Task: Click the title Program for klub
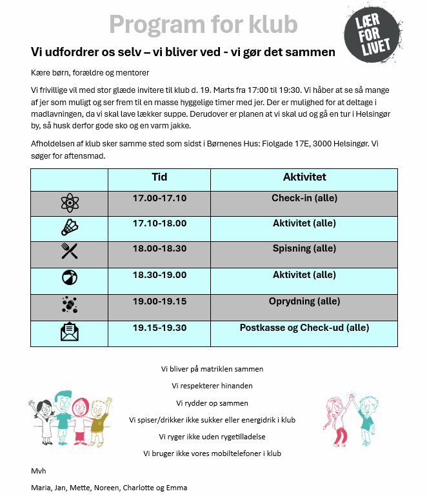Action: [203, 25]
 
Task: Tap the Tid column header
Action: [159, 177]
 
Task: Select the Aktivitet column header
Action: [304, 177]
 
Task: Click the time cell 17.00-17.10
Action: [159, 199]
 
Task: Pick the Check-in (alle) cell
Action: [304, 199]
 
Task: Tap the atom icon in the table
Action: [69, 203]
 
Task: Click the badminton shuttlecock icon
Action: [69, 228]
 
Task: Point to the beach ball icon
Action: [69, 278]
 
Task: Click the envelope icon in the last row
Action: [69, 332]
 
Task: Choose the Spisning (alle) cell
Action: [304, 248]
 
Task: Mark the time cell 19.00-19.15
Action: [159, 301]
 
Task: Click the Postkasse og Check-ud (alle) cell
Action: [304, 328]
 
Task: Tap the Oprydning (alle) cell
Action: [304, 301]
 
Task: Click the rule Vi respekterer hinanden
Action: [212, 386]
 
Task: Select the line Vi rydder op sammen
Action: [212, 403]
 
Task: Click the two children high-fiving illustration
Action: [349, 419]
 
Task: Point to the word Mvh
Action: [38, 471]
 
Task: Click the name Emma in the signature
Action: [176, 488]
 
